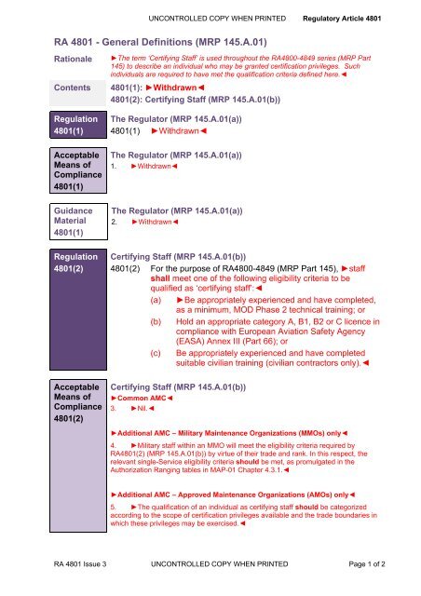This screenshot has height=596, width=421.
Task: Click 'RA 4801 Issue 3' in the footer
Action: point(61,575)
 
